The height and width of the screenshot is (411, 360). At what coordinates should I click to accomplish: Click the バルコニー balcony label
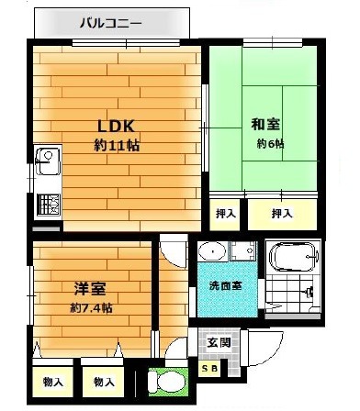(111, 23)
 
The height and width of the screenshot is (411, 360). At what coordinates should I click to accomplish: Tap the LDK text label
(116, 126)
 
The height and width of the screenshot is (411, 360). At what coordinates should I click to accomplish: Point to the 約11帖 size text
(117, 146)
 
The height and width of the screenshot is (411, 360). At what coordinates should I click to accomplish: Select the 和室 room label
(265, 124)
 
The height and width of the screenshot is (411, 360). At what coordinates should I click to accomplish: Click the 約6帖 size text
(270, 143)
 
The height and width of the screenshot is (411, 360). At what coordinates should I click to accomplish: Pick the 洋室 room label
(90, 288)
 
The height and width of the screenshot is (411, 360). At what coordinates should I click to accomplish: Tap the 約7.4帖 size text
(91, 307)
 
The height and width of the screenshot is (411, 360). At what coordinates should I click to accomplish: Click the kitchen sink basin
(48, 161)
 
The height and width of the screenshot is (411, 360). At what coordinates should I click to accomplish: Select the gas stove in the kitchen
(49, 205)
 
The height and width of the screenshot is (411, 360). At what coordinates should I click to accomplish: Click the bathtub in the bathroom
(293, 257)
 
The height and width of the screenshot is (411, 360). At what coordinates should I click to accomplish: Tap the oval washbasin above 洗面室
(212, 251)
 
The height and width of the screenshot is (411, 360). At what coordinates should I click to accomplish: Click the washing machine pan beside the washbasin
(243, 251)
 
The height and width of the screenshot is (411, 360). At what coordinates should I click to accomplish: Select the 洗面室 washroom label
(225, 285)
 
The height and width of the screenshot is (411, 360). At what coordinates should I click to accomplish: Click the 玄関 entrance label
(219, 342)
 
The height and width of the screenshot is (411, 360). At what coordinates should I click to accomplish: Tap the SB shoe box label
(209, 369)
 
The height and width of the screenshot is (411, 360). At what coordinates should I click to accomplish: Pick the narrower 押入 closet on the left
(225, 215)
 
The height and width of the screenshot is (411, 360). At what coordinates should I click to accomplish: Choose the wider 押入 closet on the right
(282, 215)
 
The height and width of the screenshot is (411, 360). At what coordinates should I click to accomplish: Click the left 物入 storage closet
(53, 382)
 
